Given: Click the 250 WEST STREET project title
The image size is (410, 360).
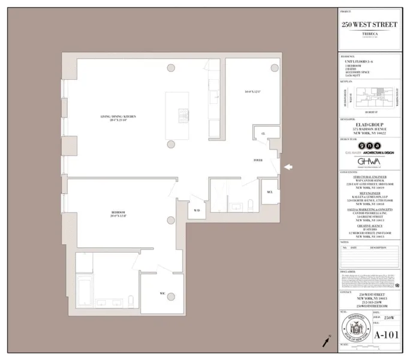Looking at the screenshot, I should [369, 25].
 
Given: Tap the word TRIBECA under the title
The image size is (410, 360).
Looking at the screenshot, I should [369, 34].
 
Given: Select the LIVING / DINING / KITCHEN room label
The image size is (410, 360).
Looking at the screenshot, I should [119, 117].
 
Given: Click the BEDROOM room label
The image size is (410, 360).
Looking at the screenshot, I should [119, 213].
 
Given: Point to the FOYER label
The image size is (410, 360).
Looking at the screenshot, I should [258, 160].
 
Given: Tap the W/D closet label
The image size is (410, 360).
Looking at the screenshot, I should [197, 211].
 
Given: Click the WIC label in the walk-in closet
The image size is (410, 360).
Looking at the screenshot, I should [162, 293].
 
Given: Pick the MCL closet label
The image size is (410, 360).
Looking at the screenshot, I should [270, 191].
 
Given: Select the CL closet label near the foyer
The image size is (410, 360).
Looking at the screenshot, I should [263, 134].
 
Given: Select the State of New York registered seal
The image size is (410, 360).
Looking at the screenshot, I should [354, 331].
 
